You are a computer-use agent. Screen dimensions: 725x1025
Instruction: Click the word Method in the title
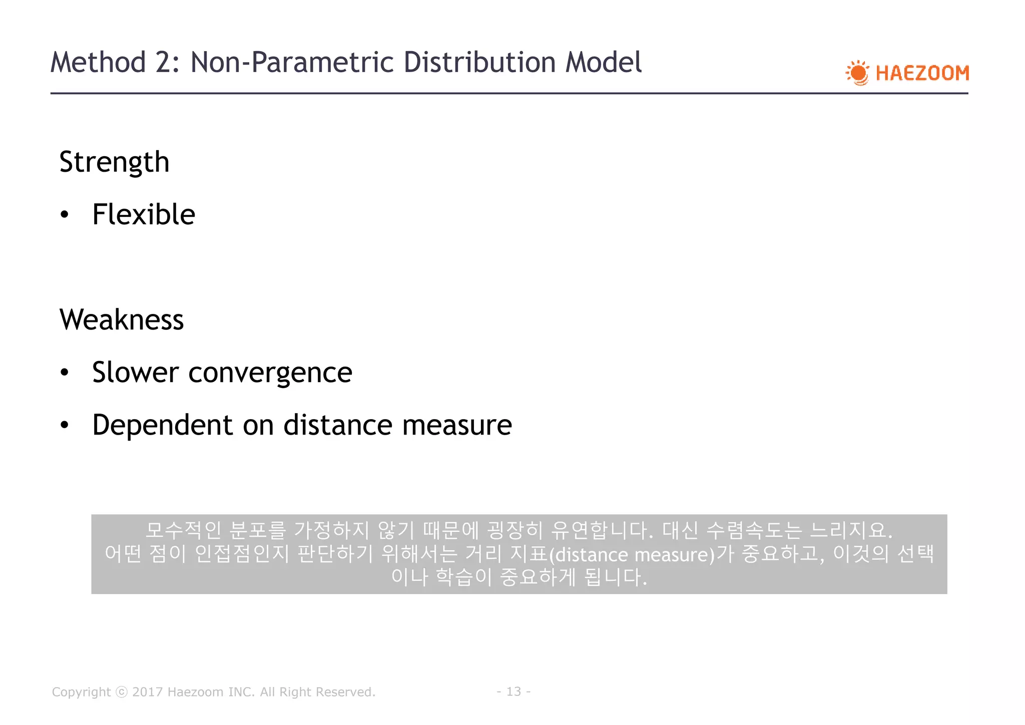pyautogui.click(x=98, y=63)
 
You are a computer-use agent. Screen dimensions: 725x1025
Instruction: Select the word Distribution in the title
pyautogui.click(x=479, y=63)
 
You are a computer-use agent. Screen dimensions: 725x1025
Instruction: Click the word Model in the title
pyautogui.click(x=604, y=63)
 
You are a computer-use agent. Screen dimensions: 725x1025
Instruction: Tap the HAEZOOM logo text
pyautogui.click(x=922, y=73)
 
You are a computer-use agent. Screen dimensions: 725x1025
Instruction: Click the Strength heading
pyautogui.click(x=114, y=162)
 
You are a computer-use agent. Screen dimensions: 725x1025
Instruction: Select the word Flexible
pyautogui.click(x=144, y=215)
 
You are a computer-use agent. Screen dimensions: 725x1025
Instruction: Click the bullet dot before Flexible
pyautogui.click(x=64, y=215)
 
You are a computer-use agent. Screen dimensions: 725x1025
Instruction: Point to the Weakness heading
pyautogui.click(x=122, y=320)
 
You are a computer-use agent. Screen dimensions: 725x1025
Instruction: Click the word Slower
pyautogui.click(x=135, y=373)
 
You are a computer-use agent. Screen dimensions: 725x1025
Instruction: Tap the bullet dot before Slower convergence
pyautogui.click(x=64, y=373)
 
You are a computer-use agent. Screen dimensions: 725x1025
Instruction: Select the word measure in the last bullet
pyautogui.click(x=457, y=426)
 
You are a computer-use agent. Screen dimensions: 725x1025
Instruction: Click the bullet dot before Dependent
pyautogui.click(x=64, y=426)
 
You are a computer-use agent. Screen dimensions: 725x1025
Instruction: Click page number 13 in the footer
pyautogui.click(x=514, y=691)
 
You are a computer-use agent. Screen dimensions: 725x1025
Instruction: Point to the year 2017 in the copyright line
pyautogui.click(x=147, y=692)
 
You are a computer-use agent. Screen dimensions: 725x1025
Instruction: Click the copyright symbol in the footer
pyautogui.click(x=122, y=692)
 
